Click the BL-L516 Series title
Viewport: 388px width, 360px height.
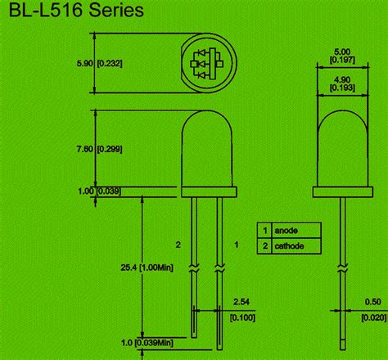(76, 11)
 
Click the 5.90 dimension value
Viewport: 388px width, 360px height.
(85, 64)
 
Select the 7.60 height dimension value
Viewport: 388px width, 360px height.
(85, 149)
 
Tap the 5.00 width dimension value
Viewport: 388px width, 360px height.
(342, 52)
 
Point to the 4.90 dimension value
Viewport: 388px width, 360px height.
(342, 80)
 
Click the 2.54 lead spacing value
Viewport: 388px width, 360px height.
(241, 302)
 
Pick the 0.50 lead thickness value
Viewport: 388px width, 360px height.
(372, 302)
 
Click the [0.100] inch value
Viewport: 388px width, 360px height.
(242, 317)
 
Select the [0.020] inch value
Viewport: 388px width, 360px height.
(374, 317)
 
